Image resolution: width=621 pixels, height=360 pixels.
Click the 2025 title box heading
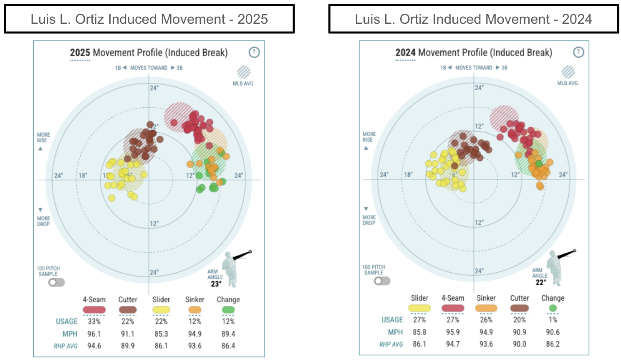(x=149, y=19)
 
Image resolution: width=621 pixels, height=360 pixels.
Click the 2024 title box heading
(x=473, y=19)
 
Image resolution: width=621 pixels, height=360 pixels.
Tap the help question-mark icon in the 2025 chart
(x=254, y=52)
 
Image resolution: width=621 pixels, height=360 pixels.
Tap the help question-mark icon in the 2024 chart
(x=578, y=52)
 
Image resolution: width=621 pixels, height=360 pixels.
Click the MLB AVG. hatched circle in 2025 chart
(x=244, y=72)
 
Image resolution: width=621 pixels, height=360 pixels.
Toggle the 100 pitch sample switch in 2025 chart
(x=56, y=282)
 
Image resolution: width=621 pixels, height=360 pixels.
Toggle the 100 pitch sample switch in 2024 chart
(x=382, y=281)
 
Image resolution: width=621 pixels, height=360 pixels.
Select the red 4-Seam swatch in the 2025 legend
(x=94, y=310)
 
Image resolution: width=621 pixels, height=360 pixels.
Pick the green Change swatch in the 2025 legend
(x=228, y=310)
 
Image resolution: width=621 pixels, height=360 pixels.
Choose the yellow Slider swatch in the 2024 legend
(x=419, y=308)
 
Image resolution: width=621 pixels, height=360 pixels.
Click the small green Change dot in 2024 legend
(x=553, y=308)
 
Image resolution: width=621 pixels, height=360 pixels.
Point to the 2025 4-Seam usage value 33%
(x=94, y=322)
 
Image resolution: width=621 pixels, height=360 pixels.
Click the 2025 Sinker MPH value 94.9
(x=194, y=334)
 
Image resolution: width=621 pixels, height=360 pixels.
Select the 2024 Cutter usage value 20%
(x=519, y=320)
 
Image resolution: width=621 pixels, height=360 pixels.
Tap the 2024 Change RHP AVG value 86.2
(x=553, y=344)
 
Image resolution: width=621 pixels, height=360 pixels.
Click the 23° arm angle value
(x=216, y=284)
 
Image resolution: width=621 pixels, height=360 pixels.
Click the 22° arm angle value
(x=540, y=283)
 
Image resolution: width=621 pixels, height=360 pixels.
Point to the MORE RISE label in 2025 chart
(x=43, y=137)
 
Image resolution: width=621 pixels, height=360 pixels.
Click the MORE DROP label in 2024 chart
(x=369, y=220)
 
